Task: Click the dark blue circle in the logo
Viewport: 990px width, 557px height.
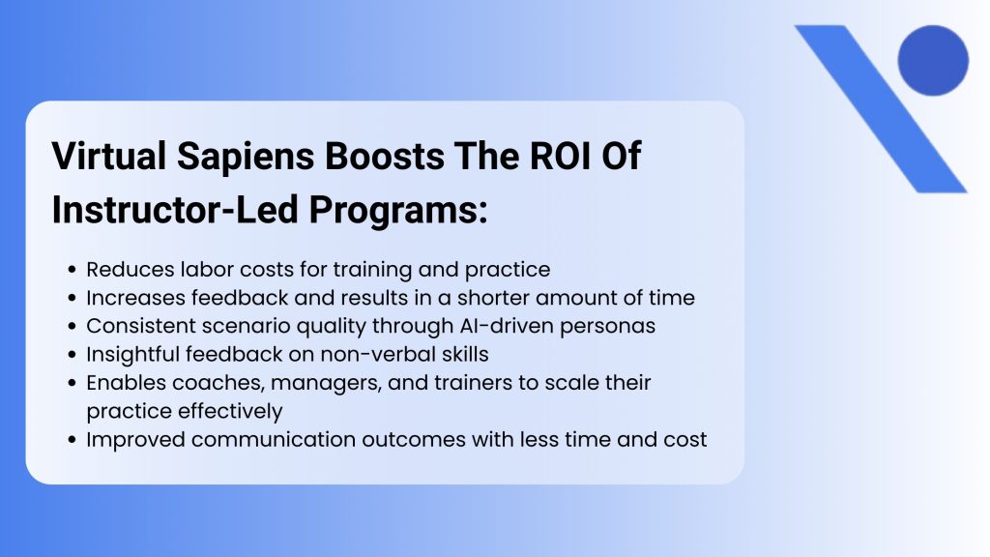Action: (x=932, y=60)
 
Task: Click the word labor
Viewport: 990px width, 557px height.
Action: (x=190, y=270)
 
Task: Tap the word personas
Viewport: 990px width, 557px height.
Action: (x=613, y=326)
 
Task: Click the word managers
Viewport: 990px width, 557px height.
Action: (x=308, y=383)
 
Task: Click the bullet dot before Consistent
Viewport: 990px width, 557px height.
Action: (x=74, y=327)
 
